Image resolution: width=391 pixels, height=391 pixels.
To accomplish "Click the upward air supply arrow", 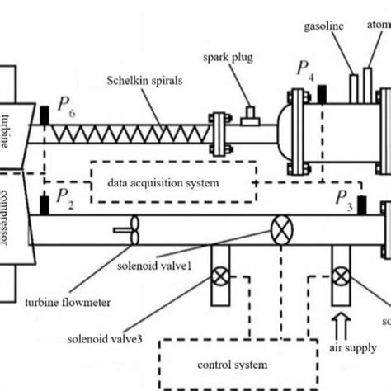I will point(342,316).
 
